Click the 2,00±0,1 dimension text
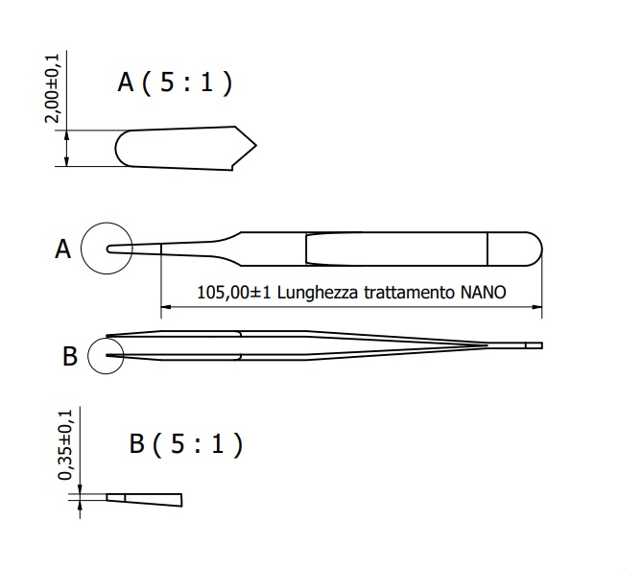pos(56,88)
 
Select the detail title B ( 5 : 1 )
pos(185,444)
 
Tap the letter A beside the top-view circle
pos(63,249)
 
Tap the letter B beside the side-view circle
pos(69,357)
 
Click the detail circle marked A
pos(107,249)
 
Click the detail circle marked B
pos(107,356)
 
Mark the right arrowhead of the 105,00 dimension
pos(537,308)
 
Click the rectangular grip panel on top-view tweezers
pos(395,249)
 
